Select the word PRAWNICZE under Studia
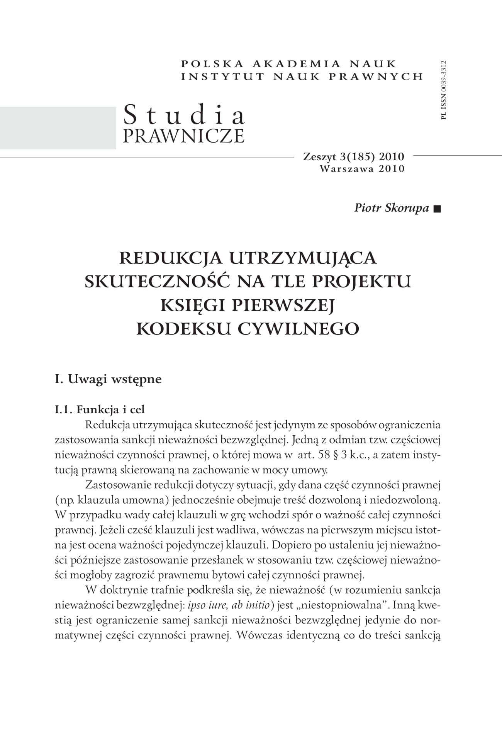click(x=184, y=136)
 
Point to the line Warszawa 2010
click(x=362, y=169)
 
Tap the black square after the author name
click(x=437, y=209)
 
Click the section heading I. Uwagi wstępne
click(x=108, y=379)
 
